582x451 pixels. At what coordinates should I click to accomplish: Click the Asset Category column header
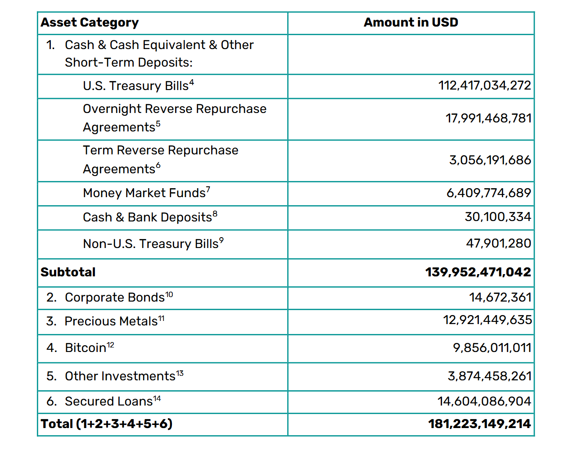pos(90,23)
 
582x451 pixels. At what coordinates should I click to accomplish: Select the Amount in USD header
pos(411,23)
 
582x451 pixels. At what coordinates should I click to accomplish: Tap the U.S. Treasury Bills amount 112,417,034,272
pos(484,86)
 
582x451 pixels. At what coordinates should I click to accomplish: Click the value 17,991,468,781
pos(488,118)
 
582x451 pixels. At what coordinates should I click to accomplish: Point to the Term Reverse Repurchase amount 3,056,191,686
pos(490,160)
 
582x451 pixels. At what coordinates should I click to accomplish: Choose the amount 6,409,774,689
pos(488,193)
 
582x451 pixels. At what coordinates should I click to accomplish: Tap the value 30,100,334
pos(498,217)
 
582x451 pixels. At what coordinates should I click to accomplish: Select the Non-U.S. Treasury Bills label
pos(153,244)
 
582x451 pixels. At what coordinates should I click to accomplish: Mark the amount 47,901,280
pos(498,244)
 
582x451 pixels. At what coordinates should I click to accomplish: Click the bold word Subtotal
pos(68,272)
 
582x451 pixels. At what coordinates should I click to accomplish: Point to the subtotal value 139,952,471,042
pos(478,272)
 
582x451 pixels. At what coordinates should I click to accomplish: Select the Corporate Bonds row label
pos(118,298)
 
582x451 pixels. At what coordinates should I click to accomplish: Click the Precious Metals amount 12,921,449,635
pos(487,320)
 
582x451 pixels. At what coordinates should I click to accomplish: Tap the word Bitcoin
pos(86,348)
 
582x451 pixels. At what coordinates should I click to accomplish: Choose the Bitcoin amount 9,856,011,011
pos(492,348)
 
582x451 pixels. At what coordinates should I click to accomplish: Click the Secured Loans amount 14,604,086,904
pos(484,401)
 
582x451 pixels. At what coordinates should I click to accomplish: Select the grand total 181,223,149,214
pos(479,424)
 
